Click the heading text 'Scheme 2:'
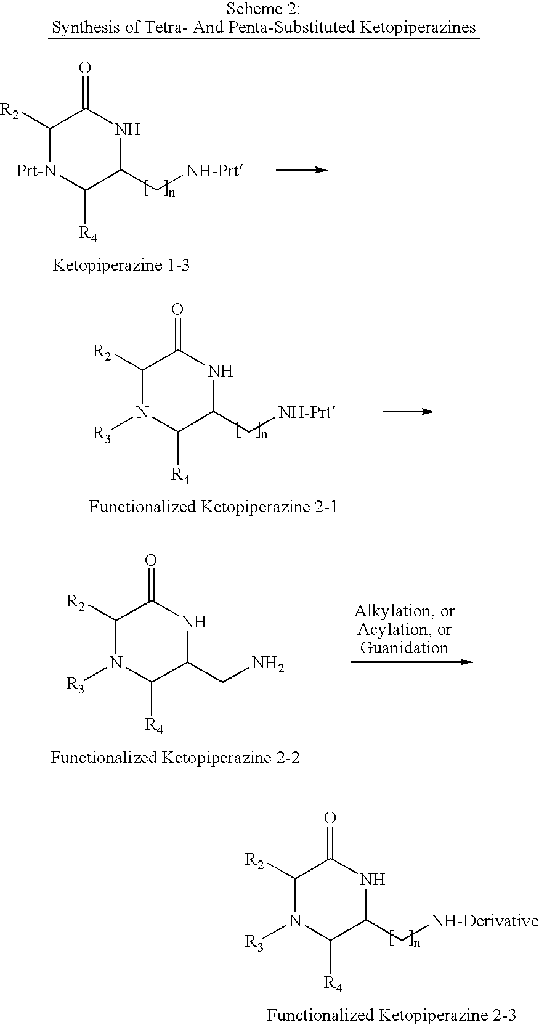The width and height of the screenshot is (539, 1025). pyautogui.click(x=263, y=9)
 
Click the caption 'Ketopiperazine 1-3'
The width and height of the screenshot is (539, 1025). pyautogui.click(x=121, y=265)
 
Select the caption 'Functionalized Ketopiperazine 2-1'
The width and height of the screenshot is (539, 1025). pyautogui.click(x=213, y=507)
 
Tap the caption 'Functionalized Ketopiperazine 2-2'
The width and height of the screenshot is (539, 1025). pyautogui.click(x=175, y=757)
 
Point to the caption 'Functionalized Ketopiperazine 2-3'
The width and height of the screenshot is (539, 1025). pyautogui.click(x=391, y=1015)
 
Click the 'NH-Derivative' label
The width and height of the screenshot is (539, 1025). pyautogui.click(x=484, y=921)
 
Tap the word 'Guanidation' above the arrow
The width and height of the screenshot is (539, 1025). pyautogui.click(x=404, y=648)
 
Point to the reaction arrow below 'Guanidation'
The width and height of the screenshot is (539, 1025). pyautogui.click(x=411, y=662)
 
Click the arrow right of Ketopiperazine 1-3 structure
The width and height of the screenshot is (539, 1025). pyautogui.click(x=301, y=169)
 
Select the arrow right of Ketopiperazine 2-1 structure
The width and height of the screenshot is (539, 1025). pyautogui.click(x=408, y=411)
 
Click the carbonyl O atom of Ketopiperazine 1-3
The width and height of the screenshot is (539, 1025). pyautogui.click(x=86, y=67)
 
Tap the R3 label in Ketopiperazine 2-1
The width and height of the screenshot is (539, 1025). pyautogui.click(x=102, y=434)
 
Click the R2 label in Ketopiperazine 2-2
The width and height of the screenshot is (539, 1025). pyautogui.click(x=76, y=602)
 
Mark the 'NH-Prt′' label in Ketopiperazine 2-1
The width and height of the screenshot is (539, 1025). pyautogui.click(x=307, y=412)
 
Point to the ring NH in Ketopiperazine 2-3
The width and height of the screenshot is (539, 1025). pyautogui.click(x=372, y=880)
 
